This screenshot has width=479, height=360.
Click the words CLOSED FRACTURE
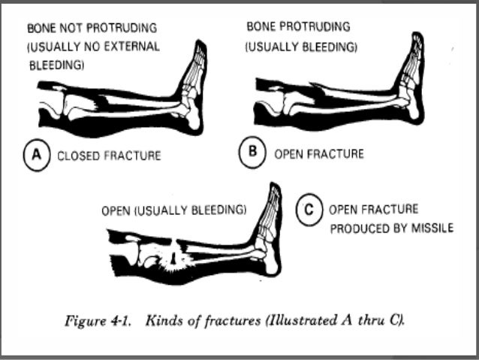click(109, 156)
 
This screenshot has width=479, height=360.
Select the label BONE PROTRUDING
click(298, 27)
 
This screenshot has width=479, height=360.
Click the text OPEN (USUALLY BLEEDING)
click(173, 211)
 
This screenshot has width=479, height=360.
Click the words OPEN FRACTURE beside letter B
click(319, 154)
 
